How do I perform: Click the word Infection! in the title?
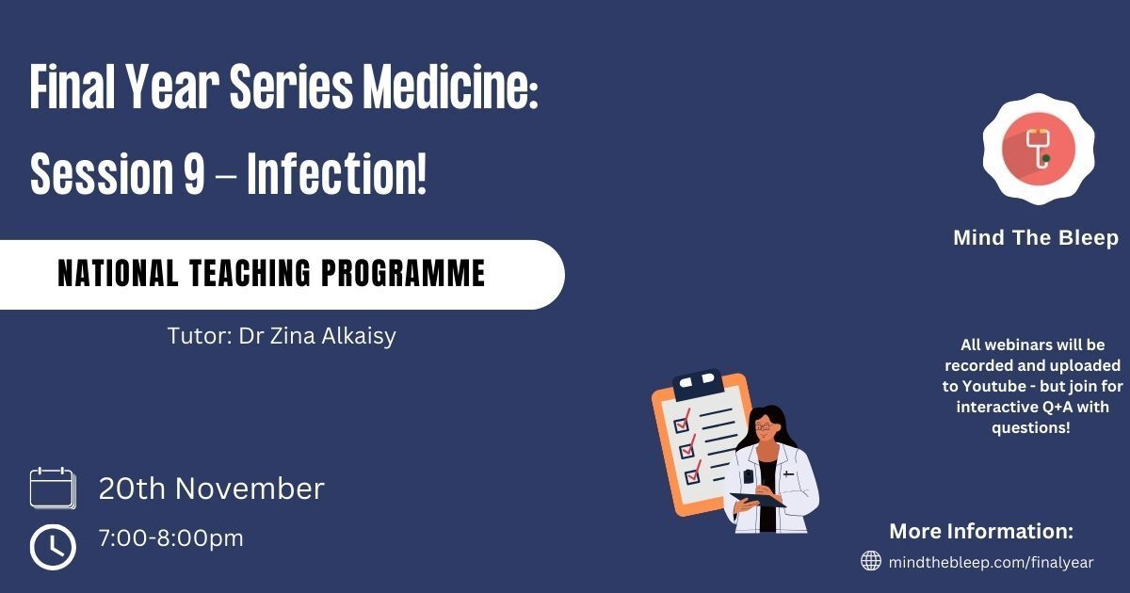coord(337,173)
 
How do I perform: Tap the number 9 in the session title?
coord(194,174)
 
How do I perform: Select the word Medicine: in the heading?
coord(450,86)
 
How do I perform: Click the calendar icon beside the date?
coord(53,488)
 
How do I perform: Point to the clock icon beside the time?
coord(53,547)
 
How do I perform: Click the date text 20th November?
coord(211,489)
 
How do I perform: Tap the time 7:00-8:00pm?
coord(171,538)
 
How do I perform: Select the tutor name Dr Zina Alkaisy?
coord(317,336)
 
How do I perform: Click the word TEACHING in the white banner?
coord(250,273)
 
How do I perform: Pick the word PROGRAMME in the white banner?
coord(403,273)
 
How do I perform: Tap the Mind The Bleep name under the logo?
coord(1036,237)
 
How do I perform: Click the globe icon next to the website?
coord(871,560)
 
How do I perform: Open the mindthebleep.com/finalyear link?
coord(992,562)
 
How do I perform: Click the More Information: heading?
coord(981,531)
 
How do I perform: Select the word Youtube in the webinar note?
coord(993,386)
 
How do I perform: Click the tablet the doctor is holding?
coord(759,500)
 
